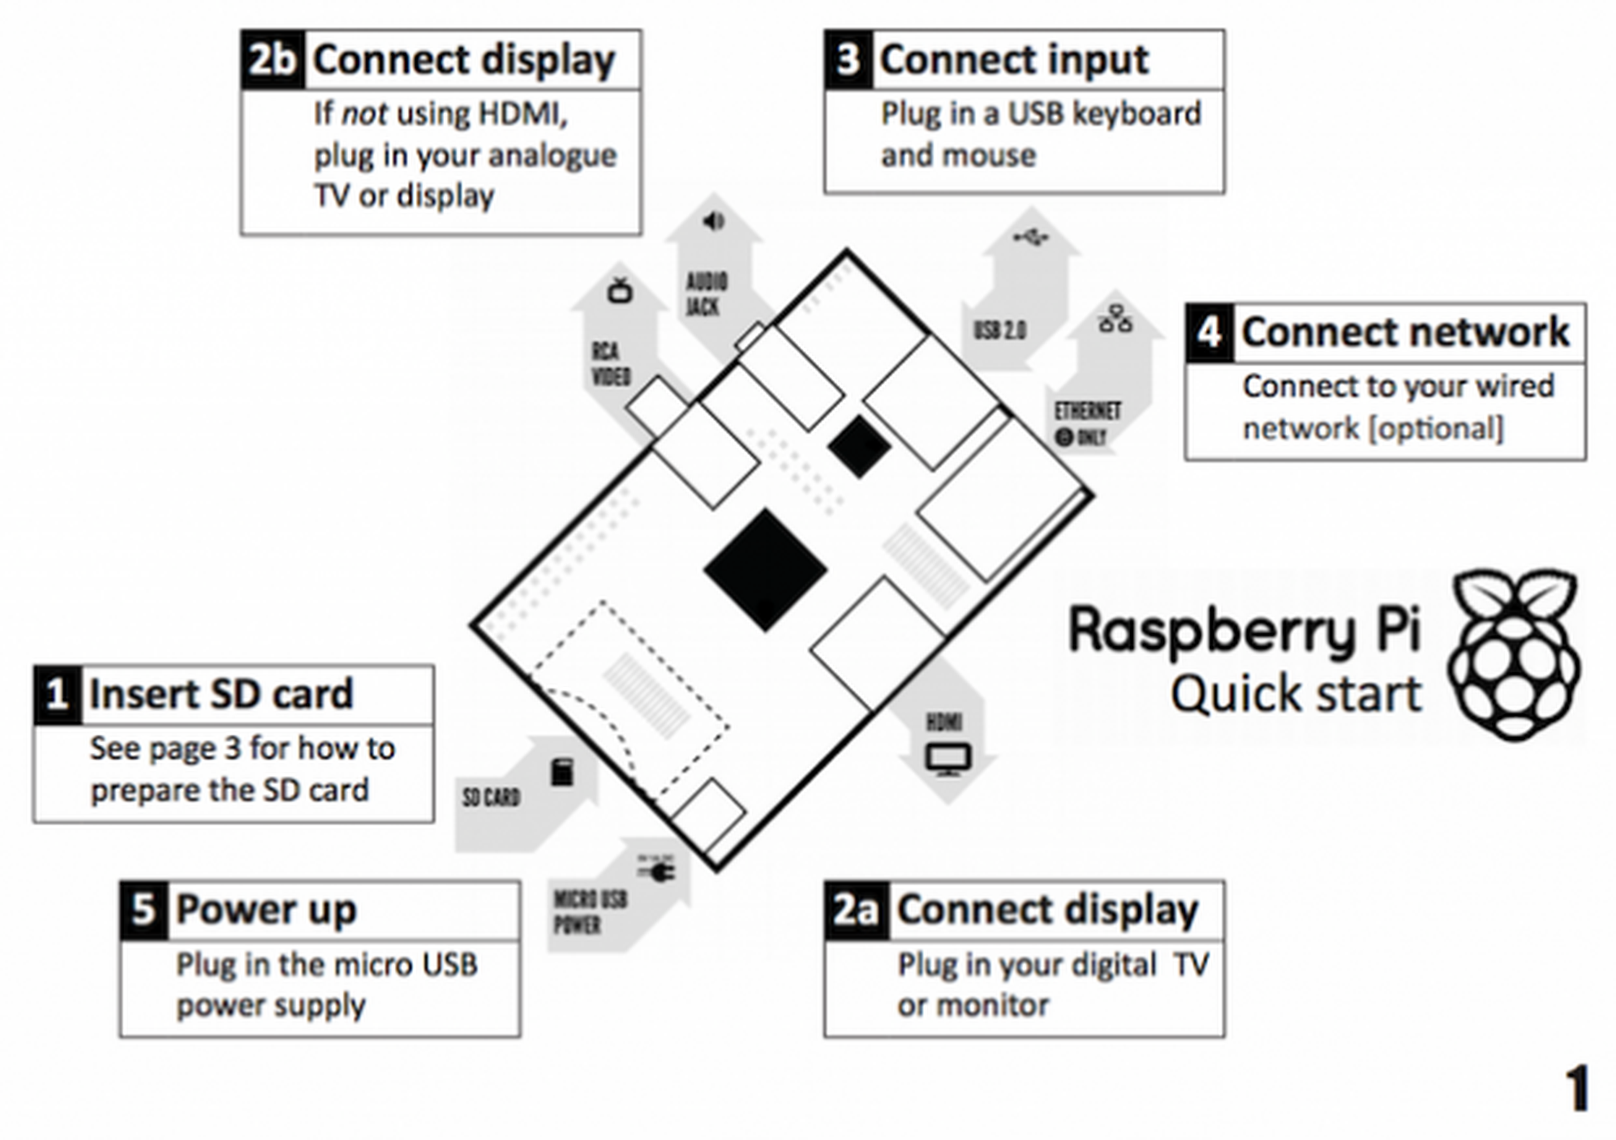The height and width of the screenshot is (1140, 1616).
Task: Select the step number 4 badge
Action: pyautogui.click(x=1209, y=332)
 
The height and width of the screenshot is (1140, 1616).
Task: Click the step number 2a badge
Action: pyautogui.click(x=856, y=910)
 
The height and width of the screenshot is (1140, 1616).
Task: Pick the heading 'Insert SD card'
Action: pyautogui.click(x=221, y=694)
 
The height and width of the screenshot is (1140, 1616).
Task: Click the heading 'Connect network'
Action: pyautogui.click(x=1405, y=332)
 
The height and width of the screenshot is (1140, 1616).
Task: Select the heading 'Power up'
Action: pyautogui.click(x=267, y=909)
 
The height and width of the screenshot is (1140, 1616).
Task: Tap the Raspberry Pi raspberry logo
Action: pyautogui.click(x=1513, y=655)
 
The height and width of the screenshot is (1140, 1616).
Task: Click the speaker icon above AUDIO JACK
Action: pyautogui.click(x=713, y=222)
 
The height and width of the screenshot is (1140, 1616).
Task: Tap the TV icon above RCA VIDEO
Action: pyautogui.click(x=620, y=290)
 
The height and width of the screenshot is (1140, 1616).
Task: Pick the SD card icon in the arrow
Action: pyautogui.click(x=562, y=772)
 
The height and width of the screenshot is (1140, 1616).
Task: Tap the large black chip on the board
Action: pyautogui.click(x=765, y=570)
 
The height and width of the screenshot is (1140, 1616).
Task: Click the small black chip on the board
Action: pyautogui.click(x=858, y=446)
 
